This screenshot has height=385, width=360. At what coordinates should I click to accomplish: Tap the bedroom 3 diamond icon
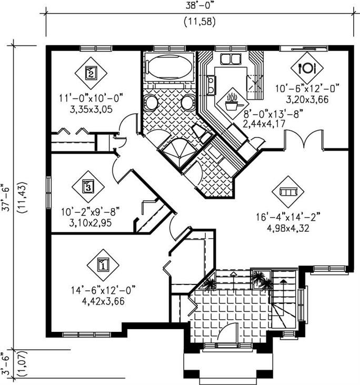pos(88,185)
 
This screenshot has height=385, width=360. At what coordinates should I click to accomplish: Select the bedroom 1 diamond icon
pos(103,265)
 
